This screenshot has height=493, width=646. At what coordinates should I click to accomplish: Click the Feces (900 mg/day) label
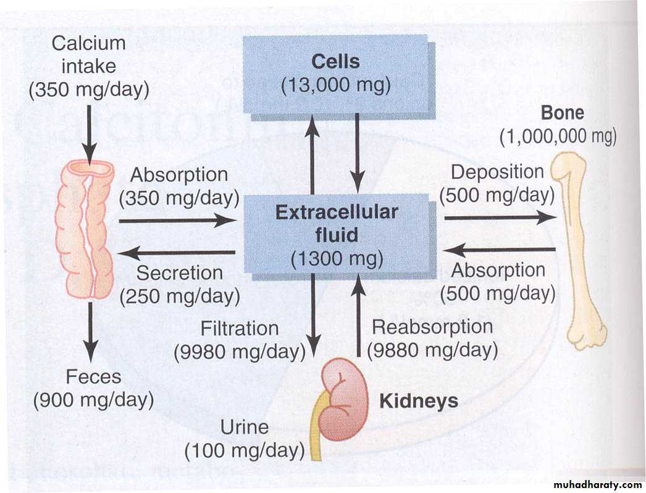coord(93,388)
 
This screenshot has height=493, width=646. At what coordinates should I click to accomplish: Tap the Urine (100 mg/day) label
coord(245,439)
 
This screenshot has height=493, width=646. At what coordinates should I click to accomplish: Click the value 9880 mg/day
coord(432,350)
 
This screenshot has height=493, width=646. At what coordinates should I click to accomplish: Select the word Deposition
coord(497,172)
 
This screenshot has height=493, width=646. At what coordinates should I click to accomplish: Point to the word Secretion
coord(179,272)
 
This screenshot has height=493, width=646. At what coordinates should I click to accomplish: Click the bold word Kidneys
coord(419,401)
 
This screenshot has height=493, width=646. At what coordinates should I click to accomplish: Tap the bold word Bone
coord(562,113)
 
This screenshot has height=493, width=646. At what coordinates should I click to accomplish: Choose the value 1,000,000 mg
coord(558,135)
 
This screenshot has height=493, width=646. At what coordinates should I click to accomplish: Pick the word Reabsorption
coord(432,326)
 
